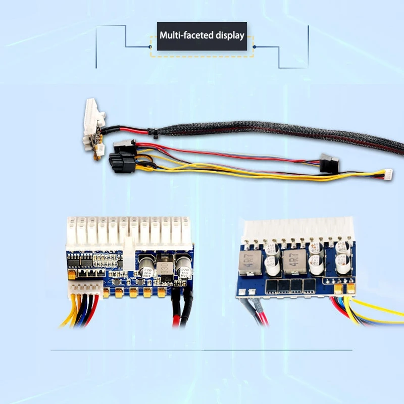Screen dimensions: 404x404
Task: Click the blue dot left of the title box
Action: [151, 46]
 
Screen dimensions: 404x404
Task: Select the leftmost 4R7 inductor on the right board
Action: [251, 263]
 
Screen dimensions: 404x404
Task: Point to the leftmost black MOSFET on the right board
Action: [270, 286]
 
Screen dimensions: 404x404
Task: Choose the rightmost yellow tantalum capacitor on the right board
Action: [350, 287]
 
